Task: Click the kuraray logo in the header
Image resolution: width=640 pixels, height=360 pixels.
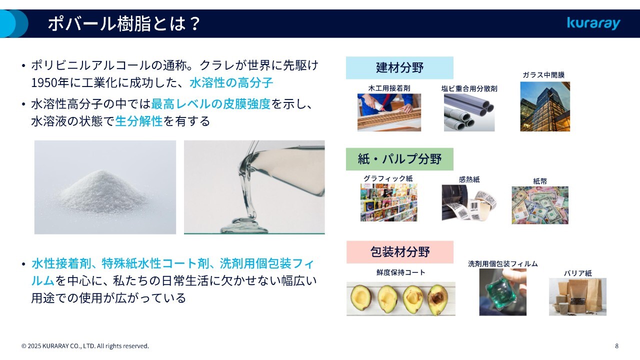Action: tap(593, 23)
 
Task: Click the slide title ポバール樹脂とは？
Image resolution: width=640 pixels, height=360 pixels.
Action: tap(124, 23)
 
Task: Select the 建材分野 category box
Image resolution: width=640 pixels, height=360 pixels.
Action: tap(399, 67)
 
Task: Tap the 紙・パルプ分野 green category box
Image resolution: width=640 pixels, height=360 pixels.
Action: tap(399, 159)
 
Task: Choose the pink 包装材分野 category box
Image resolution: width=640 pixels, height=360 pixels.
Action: tap(399, 252)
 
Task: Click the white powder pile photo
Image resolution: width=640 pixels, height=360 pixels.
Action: tap(105, 187)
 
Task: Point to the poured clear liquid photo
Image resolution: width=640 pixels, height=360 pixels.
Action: tap(254, 187)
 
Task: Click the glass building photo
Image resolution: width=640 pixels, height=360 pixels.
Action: tap(545, 106)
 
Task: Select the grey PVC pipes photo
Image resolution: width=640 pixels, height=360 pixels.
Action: tap(469, 112)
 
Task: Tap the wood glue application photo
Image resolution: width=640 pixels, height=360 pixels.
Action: tap(389, 112)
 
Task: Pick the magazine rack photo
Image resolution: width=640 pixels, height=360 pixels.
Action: tap(388, 202)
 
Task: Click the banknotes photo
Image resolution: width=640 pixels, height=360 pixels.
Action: tap(540, 205)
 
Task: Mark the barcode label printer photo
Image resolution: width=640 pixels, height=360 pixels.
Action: tap(469, 202)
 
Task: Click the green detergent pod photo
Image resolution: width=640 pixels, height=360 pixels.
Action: tap(502, 292)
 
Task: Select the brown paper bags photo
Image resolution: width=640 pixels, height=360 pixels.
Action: tap(577, 297)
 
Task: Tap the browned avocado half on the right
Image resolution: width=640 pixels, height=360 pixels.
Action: tap(437, 299)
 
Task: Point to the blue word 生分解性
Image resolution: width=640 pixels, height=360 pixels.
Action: tap(139, 121)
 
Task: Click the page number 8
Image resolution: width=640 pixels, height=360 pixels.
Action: tap(616, 346)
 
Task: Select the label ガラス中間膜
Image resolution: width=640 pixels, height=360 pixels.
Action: tap(543, 75)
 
